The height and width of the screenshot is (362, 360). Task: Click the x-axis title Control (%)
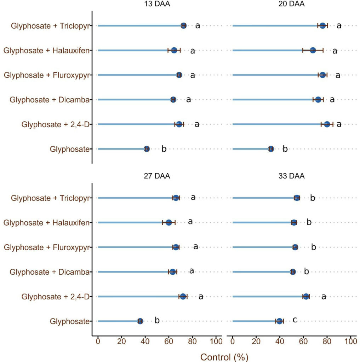point(224,357)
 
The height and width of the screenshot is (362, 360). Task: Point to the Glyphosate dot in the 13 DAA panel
point(147,149)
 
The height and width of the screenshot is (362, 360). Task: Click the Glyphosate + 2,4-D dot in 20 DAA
point(327,124)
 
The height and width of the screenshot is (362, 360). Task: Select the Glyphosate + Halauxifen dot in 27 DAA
point(169,222)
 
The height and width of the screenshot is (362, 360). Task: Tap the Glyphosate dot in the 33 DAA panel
point(280,321)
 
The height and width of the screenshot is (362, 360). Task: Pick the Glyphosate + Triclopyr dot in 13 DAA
point(183,25)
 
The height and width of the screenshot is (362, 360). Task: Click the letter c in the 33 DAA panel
point(295,320)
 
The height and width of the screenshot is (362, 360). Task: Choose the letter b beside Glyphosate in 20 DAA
point(285,149)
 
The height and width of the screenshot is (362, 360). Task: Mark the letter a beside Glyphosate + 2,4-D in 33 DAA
point(324,297)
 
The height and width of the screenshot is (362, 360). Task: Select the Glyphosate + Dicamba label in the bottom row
point(48,272)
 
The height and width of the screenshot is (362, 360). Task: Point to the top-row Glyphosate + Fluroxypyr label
point(46,75)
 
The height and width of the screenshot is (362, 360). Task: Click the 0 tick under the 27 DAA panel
point(98,341)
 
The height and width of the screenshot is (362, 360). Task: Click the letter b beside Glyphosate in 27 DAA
point(157,321)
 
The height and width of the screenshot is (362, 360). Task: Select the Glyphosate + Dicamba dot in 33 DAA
point(293,272)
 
